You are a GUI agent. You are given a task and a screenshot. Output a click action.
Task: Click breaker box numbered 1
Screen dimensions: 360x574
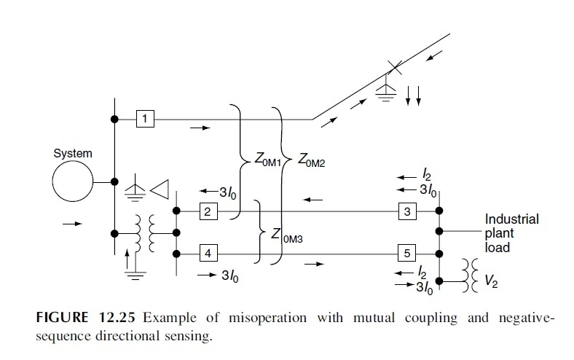(x=145, y=118)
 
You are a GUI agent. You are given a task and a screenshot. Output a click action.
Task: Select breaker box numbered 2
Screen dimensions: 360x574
(x=207, y=211)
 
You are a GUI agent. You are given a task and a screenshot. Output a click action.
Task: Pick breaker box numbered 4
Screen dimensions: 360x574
(x=207, y=254)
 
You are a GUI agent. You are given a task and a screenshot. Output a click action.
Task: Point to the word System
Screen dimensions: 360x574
(x=73, y=154)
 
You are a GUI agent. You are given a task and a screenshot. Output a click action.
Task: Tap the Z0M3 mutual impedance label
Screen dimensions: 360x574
(x=288, y=235)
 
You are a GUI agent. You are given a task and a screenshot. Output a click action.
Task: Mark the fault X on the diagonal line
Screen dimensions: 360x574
(x=394, y=69)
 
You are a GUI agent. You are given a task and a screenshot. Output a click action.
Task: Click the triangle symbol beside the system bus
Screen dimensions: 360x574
(x=159, y=187)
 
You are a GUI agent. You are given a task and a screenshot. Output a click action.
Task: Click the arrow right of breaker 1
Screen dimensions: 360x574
(x=200, y=128)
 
